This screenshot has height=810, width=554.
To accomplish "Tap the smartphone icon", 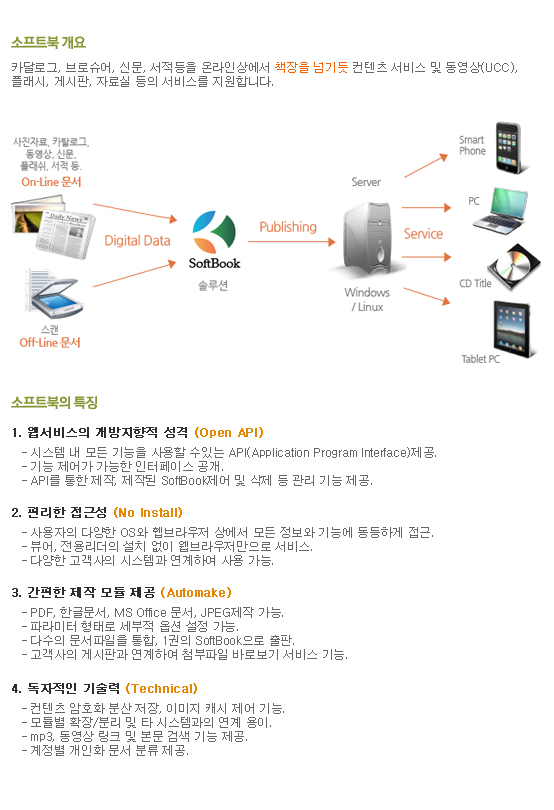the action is tap(511, 148).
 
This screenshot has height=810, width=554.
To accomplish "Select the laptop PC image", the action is tap(500, 211).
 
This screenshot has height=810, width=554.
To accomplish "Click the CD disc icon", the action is tap(515, 267).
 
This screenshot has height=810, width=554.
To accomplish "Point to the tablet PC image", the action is tap(514, 329).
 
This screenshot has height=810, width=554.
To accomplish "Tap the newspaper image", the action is tap(53, 226).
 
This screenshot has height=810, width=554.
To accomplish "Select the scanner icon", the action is tap(52, 293).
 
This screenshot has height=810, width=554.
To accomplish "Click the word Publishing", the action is tap(288, 227).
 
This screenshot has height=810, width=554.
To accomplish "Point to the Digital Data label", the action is tap(137, 241).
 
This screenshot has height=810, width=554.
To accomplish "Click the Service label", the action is tap(423, 234).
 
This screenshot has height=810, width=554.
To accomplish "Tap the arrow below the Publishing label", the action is tap(291, 242).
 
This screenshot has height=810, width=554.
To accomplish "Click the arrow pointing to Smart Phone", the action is tap(426, 166).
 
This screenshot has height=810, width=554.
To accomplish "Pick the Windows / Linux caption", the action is tap(367, 300).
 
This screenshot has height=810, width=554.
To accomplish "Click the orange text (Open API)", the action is tap(229, 432).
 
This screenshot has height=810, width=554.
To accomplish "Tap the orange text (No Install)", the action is tap(148, 512).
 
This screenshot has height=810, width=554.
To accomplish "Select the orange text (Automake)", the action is tap(196, 593).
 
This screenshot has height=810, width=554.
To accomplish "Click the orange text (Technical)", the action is tap(162, 689).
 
